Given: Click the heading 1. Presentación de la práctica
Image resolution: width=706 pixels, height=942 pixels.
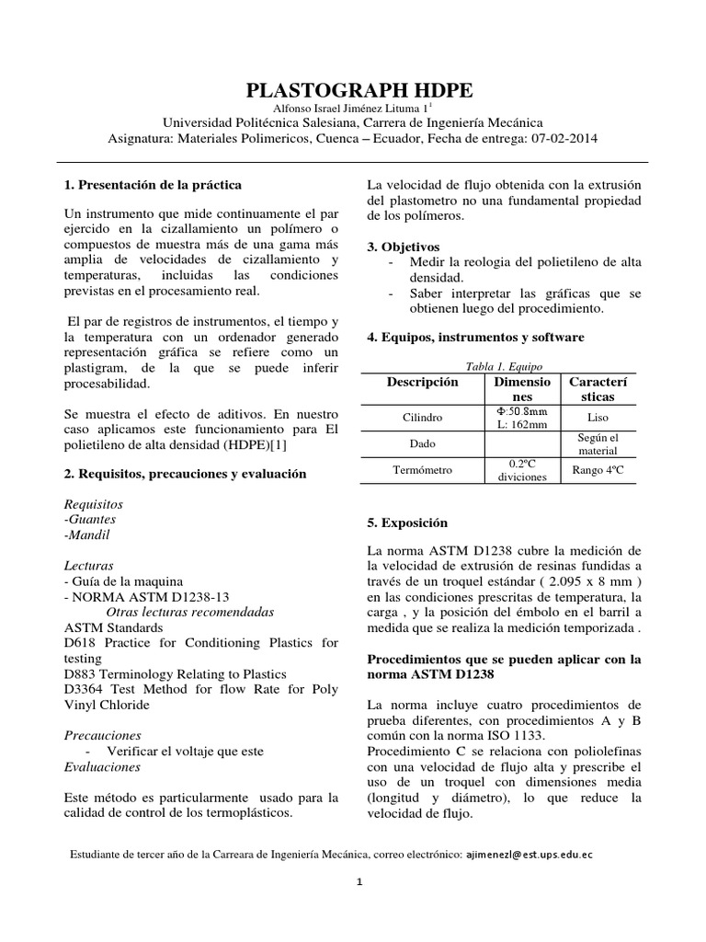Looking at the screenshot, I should coord(154,185).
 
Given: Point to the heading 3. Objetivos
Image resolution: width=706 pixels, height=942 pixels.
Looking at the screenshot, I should coord(403,247).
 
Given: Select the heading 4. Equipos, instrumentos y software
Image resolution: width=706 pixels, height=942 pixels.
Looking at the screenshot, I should coord(475,338).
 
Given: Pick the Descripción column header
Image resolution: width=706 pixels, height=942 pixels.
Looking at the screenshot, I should coord(422,381).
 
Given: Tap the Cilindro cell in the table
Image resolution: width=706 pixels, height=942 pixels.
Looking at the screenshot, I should coord(422,417).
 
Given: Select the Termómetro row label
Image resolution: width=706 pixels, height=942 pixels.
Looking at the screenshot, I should coord(422,470).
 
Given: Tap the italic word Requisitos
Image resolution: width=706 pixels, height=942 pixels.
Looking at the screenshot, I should coord(94,505).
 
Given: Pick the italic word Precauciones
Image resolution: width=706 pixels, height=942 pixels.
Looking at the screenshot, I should coord(102,736).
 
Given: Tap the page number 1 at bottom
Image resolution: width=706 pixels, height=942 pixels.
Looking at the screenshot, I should coord(360,883).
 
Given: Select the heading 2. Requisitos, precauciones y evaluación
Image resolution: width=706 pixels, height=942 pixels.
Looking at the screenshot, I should coord(185,474).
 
